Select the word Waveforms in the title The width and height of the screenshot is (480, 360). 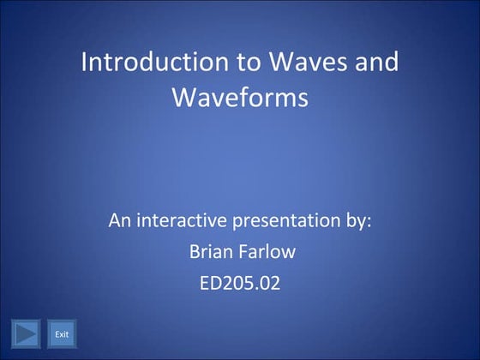click(x=239, y=98)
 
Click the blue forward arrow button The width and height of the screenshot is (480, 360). click(x=27, y=333)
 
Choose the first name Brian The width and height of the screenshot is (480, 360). click(x=207, y=252)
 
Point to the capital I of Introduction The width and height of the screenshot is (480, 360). click(x=83, y=63)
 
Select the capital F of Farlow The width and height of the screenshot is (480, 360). click(x=243, y=252)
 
